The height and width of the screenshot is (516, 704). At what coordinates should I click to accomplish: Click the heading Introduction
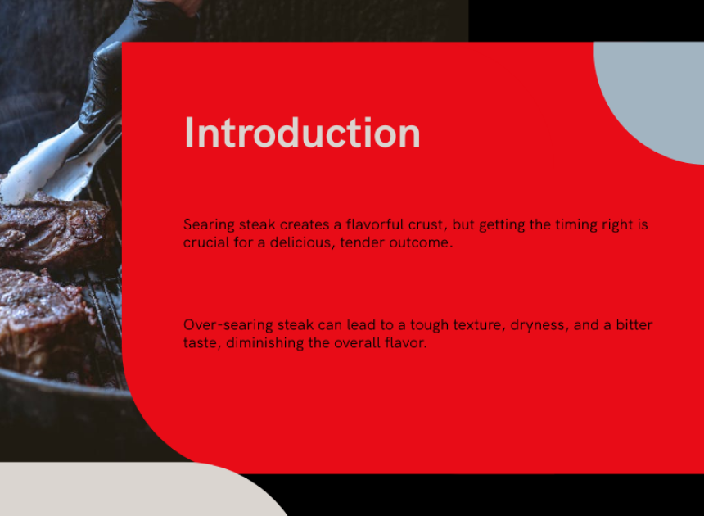303,133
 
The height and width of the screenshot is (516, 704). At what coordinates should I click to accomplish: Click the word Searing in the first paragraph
209,225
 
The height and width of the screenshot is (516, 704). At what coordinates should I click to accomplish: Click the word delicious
303,242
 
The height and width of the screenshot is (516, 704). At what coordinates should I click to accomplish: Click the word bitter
634,324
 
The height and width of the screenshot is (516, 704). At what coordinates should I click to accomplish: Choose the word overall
355,343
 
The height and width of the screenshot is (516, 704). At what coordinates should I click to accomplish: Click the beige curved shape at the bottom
130,491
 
